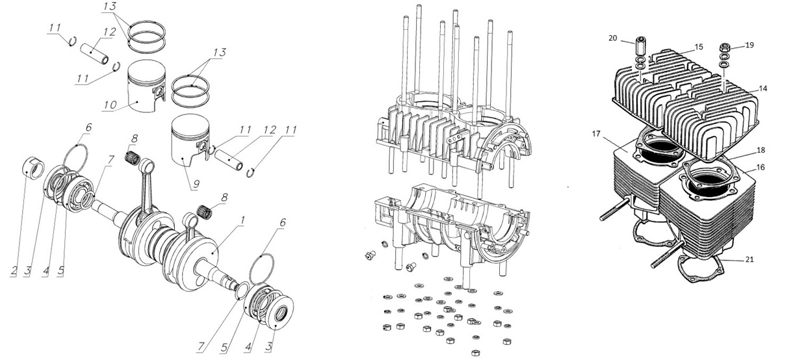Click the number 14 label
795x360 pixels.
[762, 88]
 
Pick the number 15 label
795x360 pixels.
[699, 47]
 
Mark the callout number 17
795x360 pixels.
[595, 135]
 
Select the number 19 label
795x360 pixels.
[749, 45]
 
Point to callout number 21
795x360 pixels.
[749, 260]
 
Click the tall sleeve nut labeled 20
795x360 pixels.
[640, 47]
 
